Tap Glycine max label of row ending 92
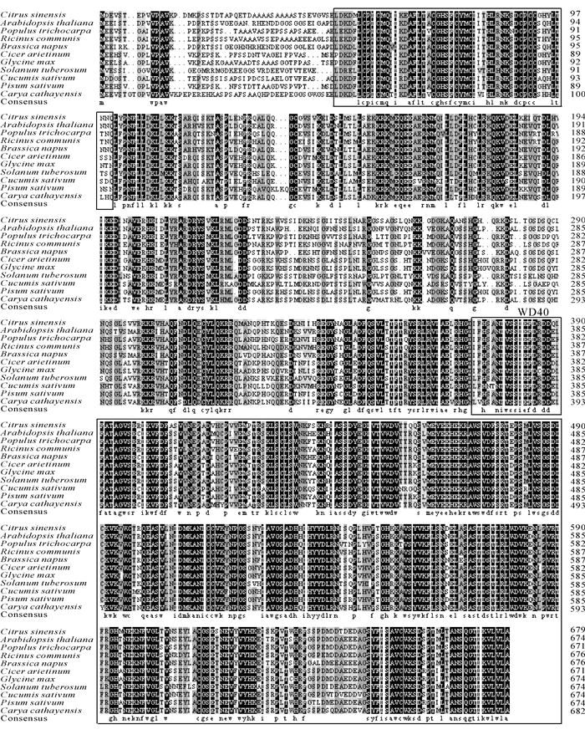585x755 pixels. coord(30,61)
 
